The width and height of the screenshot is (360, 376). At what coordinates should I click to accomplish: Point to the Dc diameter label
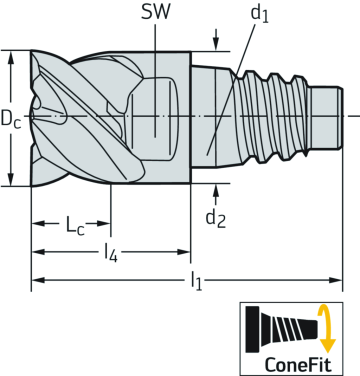[13, 119]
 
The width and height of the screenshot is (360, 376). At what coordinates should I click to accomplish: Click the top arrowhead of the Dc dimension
[11, 56]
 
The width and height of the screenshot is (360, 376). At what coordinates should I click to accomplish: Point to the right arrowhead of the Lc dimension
[105, 222]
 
